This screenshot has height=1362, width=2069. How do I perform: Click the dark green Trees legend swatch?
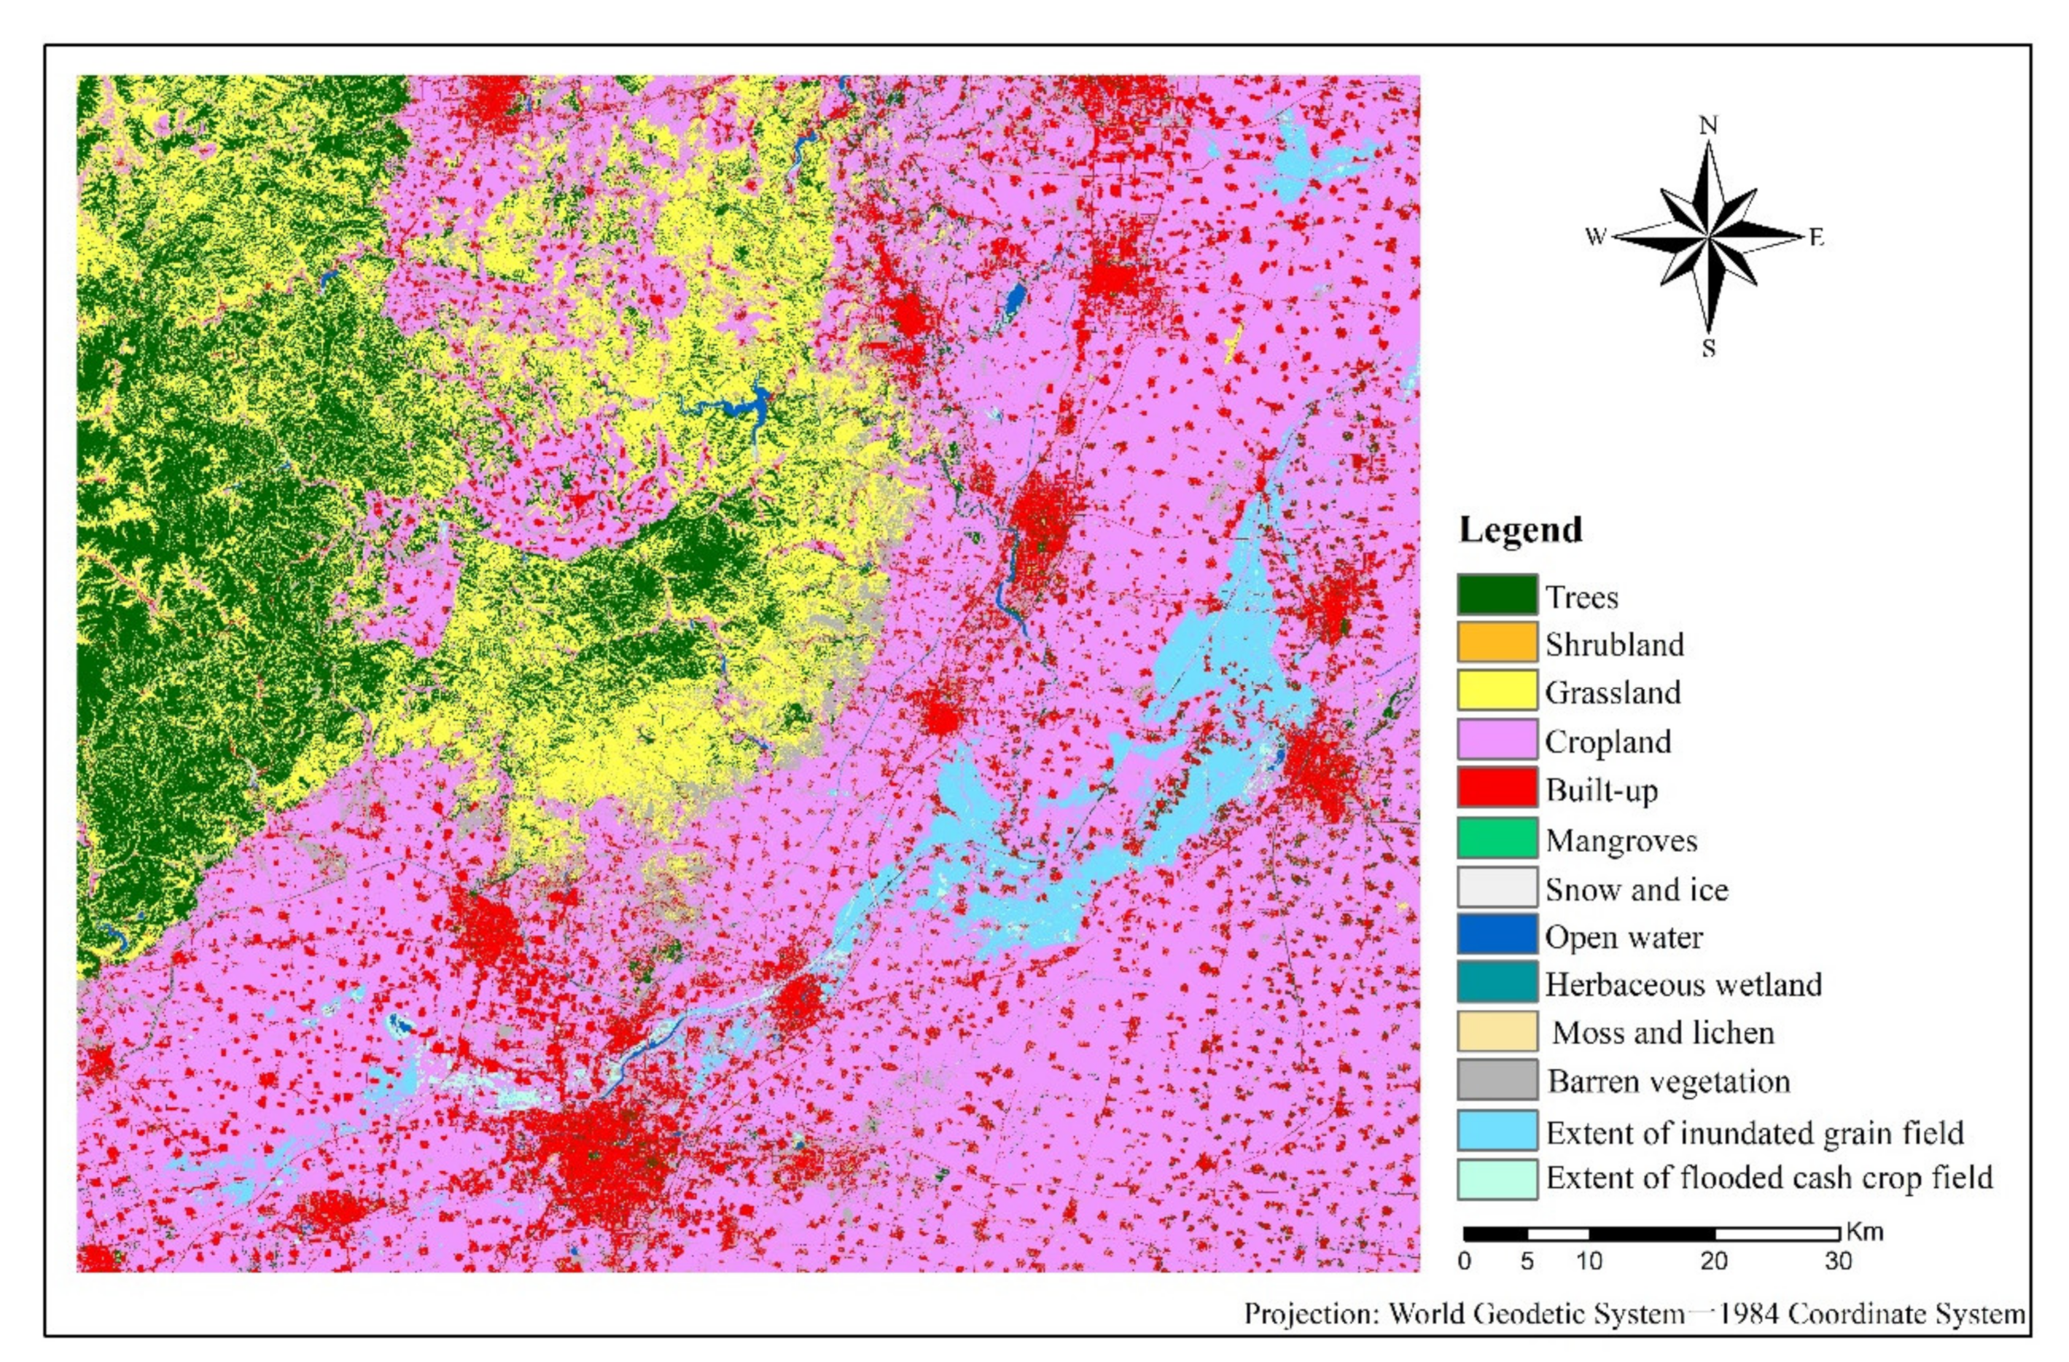point(1497,595)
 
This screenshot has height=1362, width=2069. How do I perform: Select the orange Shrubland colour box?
point(1497,643)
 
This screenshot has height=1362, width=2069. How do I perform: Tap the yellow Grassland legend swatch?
point(1497,692)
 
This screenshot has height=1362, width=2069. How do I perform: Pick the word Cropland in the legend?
point(1608,741)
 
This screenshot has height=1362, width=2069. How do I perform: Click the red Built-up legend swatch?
point(1497,789)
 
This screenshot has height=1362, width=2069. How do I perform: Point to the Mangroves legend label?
point(1621,840)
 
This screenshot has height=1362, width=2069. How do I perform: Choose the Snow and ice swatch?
point(1497,888)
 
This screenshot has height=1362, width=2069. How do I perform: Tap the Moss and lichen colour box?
point(1497,1032)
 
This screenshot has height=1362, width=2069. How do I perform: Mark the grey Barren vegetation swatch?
point(1497,1081)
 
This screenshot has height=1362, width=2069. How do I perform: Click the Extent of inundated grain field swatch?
point(1497,1132)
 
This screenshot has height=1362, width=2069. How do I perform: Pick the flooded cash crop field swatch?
point(1497,1178)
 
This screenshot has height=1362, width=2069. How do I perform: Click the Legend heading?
point(1521,529)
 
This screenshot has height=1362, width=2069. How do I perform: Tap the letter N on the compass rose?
point(1708,126)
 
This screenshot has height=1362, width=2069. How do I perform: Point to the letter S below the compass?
point(1708,349)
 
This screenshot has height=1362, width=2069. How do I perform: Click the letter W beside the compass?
point(1595,236)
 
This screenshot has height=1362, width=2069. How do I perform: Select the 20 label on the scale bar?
point(1713,1261)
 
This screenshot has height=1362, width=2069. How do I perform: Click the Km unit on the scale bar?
point(1864,1232)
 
